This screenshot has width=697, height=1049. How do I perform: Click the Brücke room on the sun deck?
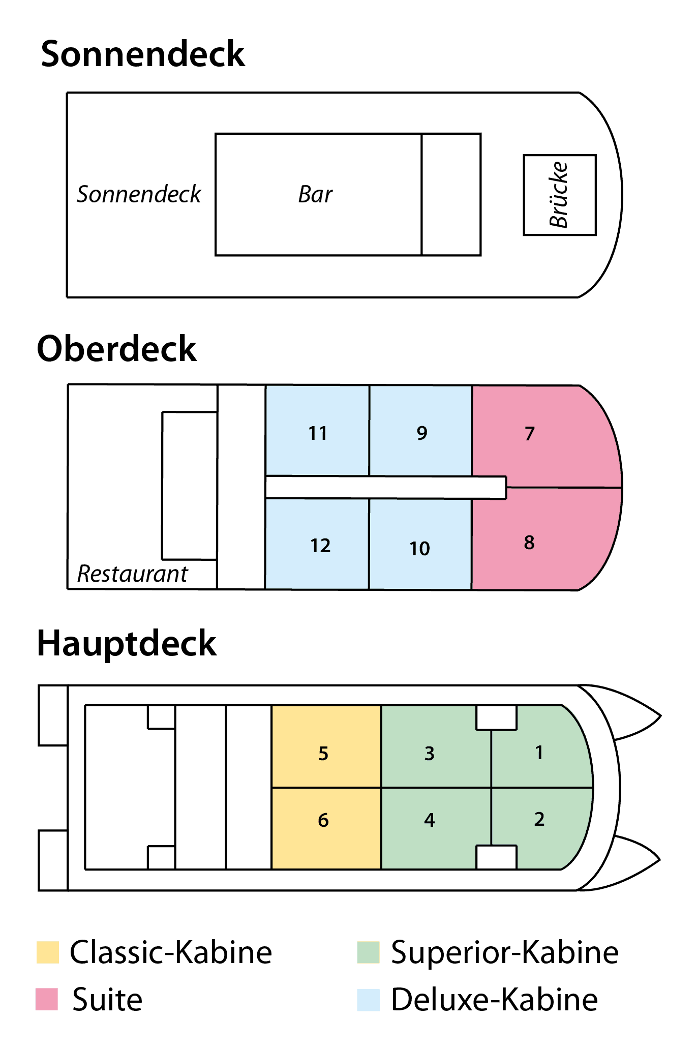pos(560,195)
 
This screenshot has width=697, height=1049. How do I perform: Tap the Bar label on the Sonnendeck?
pos(315,194)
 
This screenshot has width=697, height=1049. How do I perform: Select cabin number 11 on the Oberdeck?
pos(317,430)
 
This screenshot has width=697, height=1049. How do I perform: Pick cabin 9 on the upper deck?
pos(421,430)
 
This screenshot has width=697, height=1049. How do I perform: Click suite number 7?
pos(544,435)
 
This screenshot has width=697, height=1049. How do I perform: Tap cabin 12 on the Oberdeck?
pos(317,544)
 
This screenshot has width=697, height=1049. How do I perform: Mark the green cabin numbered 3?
pos(436,746)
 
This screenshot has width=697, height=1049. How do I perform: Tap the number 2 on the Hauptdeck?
pos(539,819)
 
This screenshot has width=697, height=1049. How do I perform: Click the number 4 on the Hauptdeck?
pos(430,820)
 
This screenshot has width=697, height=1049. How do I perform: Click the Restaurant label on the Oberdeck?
pos(132,574)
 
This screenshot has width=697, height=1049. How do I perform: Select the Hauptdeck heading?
pos(127,644)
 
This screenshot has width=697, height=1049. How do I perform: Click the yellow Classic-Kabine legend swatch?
pos(48,952)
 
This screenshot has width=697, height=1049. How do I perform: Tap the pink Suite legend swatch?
pos(47,999)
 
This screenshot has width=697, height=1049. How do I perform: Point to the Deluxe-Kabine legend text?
pos(494,1000)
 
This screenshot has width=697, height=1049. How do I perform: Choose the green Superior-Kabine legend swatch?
pos(368,952)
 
